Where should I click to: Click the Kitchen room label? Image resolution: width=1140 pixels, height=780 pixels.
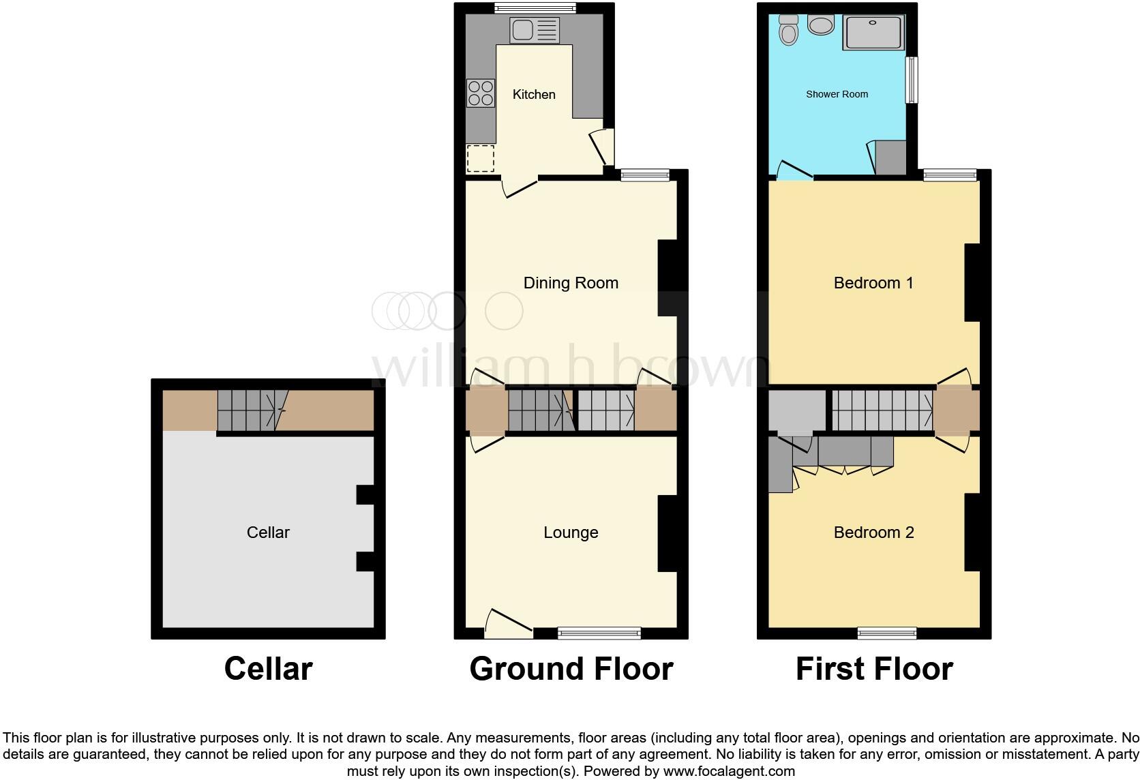(534, 94)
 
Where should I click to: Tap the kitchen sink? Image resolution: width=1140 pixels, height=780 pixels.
(535, 30)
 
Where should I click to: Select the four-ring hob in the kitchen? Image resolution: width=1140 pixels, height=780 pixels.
(481, 93)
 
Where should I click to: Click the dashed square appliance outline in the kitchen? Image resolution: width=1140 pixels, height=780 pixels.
(481, 158)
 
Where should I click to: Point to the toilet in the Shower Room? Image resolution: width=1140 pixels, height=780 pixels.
(789, 30)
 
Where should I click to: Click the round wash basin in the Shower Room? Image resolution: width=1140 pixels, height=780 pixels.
(820, 25)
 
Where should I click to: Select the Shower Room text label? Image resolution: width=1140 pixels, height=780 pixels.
(837, 94)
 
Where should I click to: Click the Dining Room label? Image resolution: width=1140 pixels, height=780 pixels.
(571, 283)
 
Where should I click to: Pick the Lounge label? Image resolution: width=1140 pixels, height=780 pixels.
(571, 532)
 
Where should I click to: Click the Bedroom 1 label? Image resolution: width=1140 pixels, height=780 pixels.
(873, 283)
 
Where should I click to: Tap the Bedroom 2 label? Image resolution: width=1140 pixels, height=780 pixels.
(873, 532)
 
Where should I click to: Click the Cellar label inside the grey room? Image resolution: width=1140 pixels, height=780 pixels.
(268, 532)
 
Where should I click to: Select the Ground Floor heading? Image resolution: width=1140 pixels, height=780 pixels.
(571, 669)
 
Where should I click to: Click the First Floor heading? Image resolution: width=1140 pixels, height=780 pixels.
(874, 669)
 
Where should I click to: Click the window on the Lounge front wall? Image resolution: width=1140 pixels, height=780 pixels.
(599, 633)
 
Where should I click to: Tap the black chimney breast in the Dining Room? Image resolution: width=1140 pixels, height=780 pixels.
(668, 277)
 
